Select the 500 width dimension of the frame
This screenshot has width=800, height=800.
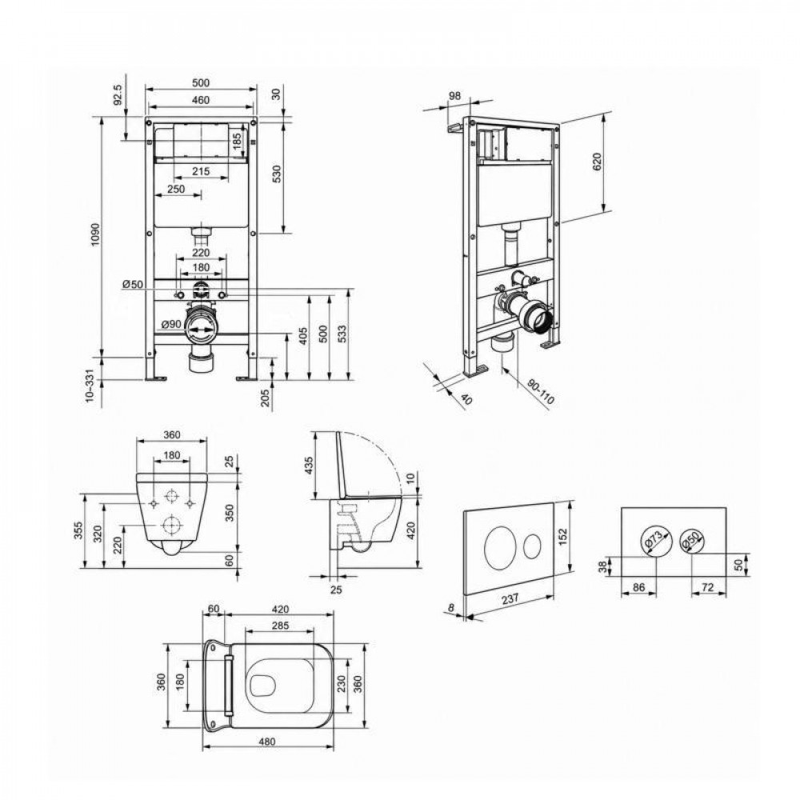(201, 82)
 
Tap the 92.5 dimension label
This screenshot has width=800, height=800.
(118, 95)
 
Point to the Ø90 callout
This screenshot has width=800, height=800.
(171, 324)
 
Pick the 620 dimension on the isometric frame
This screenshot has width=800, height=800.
(598, 162)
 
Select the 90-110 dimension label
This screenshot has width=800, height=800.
(540, 392)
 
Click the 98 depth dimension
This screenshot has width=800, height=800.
(454, 95)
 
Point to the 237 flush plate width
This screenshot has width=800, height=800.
(510, 598)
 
